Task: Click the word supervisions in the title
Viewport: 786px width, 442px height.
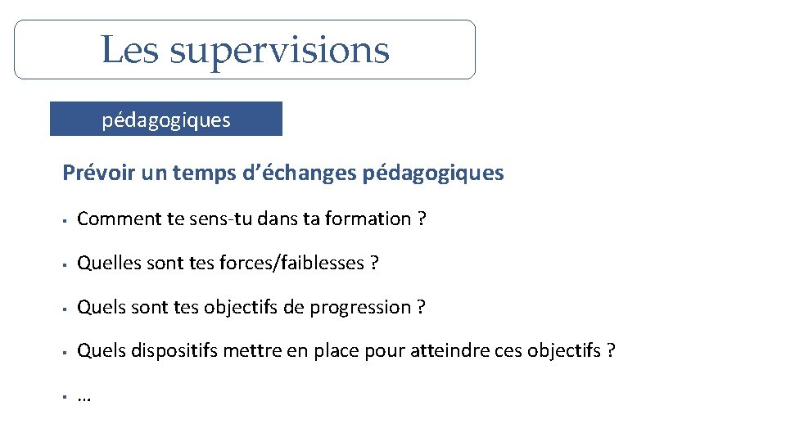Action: pyautogui.click(x=279, y=51)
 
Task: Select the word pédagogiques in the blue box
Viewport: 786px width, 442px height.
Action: pyautogui.click(x=166, y=120)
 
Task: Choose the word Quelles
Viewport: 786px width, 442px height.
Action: pyautogui.click(x=104, y=263)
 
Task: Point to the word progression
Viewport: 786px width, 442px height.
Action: pyautogui.click(x=368, y=307)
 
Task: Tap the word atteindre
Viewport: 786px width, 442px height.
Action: pyautogui.click(x=450, y=351)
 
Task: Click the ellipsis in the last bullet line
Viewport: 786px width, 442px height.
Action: pyautogui.click(x=84, y=398)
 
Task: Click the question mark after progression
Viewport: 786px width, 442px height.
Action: pyautogui.click(x=421, y=307)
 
